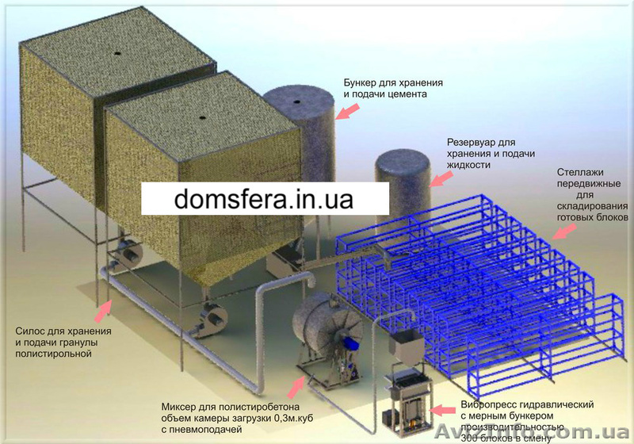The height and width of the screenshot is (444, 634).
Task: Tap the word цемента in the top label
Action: tap(404, 94)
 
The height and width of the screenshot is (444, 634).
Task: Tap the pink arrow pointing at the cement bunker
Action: tap(346, 112)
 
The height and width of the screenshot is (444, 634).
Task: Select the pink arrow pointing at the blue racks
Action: tap(563, 229)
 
